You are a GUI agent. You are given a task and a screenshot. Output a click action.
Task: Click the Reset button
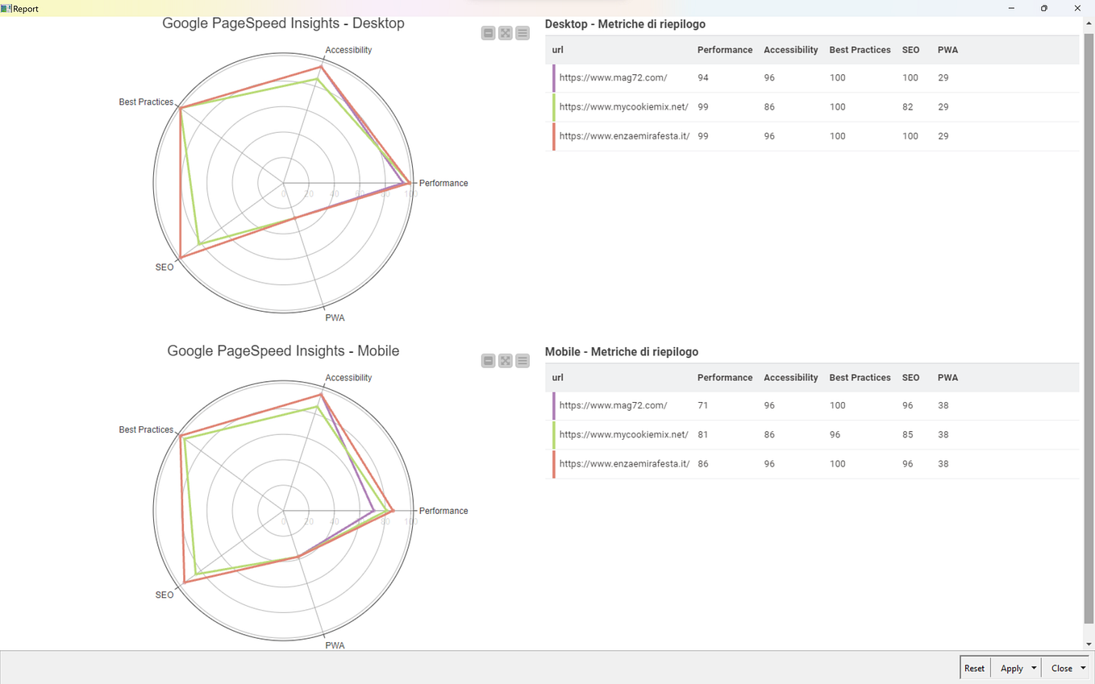974,668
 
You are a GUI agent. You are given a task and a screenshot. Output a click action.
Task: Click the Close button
1061,668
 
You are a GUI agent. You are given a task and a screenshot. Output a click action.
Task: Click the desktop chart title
283,23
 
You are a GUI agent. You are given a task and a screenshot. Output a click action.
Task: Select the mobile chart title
283,351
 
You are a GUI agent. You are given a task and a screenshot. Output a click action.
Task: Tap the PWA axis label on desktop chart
335,317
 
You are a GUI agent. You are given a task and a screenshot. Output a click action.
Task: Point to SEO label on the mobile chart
164,595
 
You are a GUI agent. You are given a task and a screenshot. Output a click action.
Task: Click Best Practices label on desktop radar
146,102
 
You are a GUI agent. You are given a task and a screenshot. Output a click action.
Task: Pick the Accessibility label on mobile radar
348,378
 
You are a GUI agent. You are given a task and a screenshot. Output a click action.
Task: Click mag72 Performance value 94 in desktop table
703,78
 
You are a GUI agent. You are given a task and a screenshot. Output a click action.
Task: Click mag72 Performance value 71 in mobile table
703,406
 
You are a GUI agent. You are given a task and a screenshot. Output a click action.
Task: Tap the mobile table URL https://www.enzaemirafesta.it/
624,464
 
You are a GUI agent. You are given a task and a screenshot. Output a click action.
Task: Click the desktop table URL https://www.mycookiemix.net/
623,107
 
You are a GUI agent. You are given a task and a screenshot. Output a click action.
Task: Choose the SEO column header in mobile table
910,378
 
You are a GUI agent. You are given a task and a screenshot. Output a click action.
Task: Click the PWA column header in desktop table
947,50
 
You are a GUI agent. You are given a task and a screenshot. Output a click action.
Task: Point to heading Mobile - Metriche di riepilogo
622,352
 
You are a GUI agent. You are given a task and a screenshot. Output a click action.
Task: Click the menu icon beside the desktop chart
523,33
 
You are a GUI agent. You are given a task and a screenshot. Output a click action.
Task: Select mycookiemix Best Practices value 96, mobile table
835,435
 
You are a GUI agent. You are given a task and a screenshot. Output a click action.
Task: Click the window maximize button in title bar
1043,8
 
